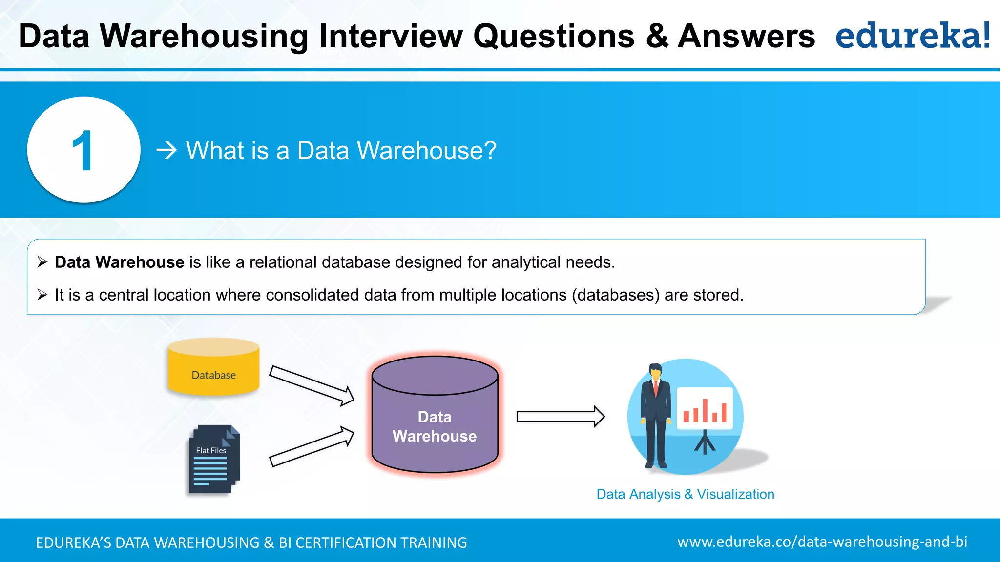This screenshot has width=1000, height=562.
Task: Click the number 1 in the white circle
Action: click(83, 151)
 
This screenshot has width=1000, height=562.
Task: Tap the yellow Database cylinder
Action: click(213, 368)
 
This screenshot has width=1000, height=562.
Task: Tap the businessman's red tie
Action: click(656, 387)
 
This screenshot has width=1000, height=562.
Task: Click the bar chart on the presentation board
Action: click(705, 411)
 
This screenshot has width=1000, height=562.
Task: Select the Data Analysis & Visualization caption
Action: click(685, 494)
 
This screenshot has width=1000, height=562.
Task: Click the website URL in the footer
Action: click(822, 542)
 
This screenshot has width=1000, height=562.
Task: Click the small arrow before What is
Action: click(166, 150)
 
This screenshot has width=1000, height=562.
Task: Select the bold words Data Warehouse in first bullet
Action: click(119, 262)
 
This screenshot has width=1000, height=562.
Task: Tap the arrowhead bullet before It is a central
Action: click(42, 295)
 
